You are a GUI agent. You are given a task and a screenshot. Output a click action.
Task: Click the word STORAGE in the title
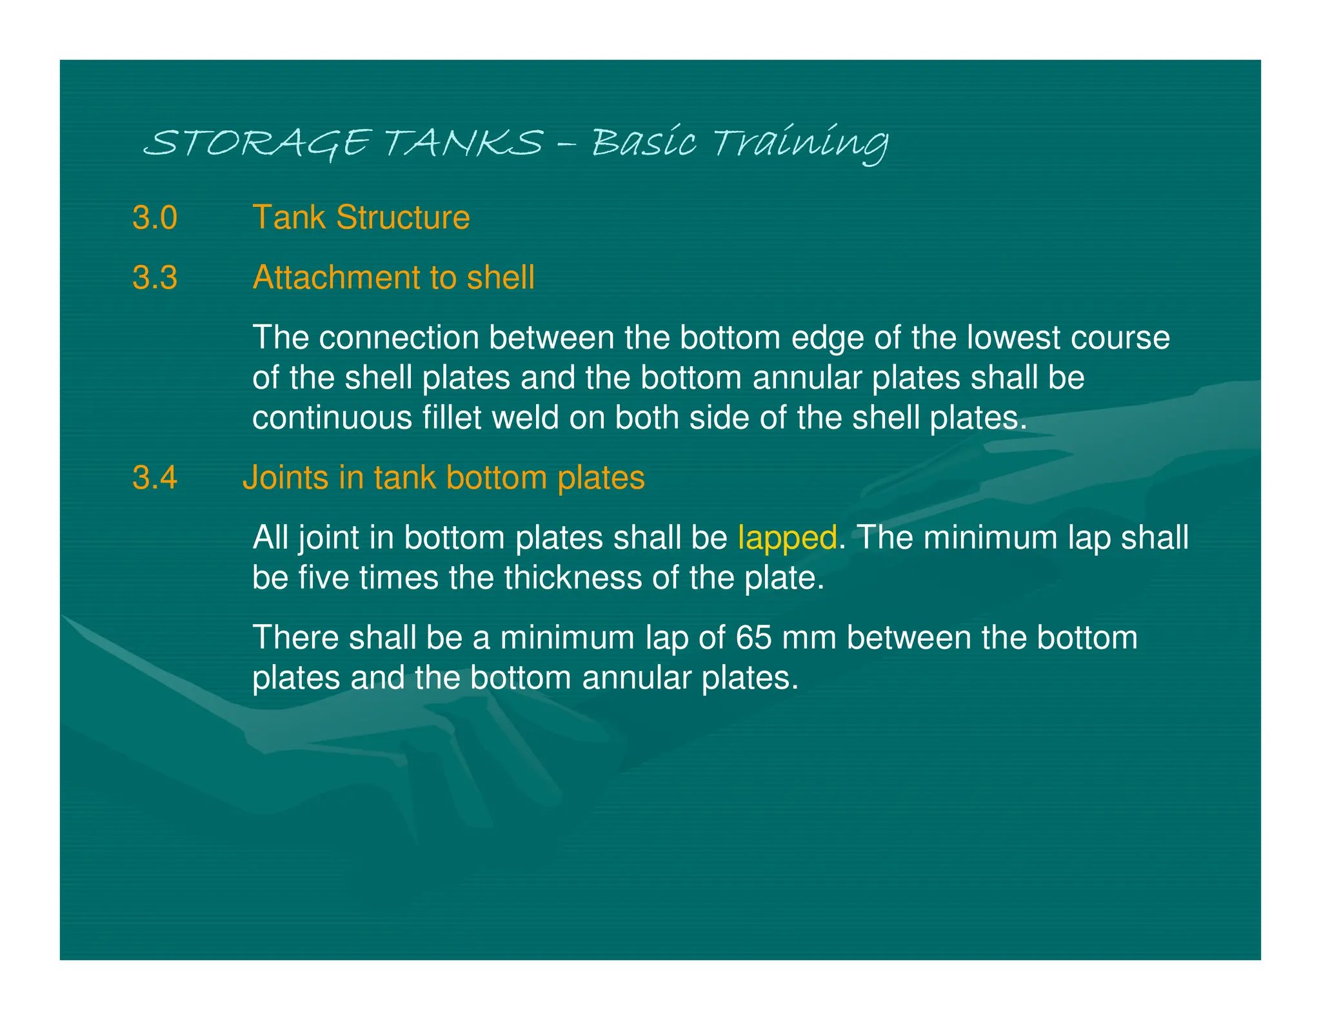pyautogui.click(x=257, y=143)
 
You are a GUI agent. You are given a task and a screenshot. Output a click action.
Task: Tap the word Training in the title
pyautogui.click(x=801, y=143)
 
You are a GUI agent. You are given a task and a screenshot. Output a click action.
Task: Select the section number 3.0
pyautogui.click(x=155, y=217)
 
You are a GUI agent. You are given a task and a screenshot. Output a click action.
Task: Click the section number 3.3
pyautogui.click(x=155, y=278)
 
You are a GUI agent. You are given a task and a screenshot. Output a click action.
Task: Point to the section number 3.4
pyautogui.click(x=155, y=478)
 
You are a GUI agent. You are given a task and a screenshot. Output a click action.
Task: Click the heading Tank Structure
pyautogui.click(x=361, y=217)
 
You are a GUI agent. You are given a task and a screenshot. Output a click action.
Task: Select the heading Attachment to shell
pyautogui.click(x=393, y=278)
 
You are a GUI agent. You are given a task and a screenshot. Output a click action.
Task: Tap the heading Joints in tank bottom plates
pyautogui.click(x=444, y=478)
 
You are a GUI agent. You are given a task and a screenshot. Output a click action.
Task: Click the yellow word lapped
pyautogui.click(x=787, y=538)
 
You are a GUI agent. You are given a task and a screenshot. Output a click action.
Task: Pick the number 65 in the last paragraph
pyautogui.click(x=753, y=638)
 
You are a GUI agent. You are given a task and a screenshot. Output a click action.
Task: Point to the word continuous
pyautogui.click(x=332, y=418)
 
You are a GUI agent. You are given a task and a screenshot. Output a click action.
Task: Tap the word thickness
pyautogui.click(x=573, y=578)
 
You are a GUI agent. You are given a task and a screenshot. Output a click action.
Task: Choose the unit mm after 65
pyautogui.click(x=809, y=638)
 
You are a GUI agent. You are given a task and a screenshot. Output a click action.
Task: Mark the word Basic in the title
pyautogui.click(x=644, y=143)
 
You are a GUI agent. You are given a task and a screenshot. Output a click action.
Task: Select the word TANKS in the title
pyautogui.click(x=464, y=143)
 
